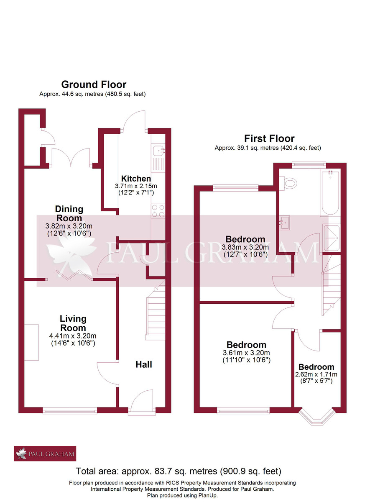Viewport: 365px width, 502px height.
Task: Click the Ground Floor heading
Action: tap(94, 85)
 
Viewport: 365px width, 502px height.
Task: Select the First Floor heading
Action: tap(269, 138)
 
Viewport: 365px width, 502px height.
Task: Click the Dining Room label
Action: tap(69, 213)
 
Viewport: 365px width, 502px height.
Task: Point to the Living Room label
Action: tap(73, 323)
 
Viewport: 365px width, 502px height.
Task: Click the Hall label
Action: tap(143, 364)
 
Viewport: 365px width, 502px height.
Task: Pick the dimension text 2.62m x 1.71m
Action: tap(316, 374)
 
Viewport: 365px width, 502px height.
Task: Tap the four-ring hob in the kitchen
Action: tap(158, 211)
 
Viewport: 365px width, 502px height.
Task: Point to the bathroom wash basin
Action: tap(284, 222)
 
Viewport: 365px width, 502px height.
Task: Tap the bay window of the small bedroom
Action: tap(316, 417)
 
